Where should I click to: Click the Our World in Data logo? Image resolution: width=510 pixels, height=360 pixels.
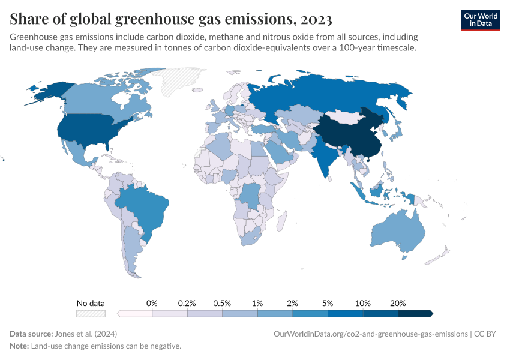(x=480, y=20)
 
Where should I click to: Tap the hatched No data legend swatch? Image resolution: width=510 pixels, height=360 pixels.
(x=91, y=313)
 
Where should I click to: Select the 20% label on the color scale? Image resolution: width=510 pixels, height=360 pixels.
(x=398, y=303)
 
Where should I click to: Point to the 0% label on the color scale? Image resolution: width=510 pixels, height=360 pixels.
(x=152, y=303)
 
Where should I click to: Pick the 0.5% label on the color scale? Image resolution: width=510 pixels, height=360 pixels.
(x=222, y=303)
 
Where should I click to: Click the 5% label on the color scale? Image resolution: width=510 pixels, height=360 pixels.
(x=328, y=303)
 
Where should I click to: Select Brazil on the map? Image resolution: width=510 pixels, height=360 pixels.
(x=147, y=207)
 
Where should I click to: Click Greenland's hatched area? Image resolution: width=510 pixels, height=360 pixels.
(x=183, y=81)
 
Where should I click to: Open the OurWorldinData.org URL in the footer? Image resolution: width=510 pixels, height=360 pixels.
(x=370, y=334)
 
